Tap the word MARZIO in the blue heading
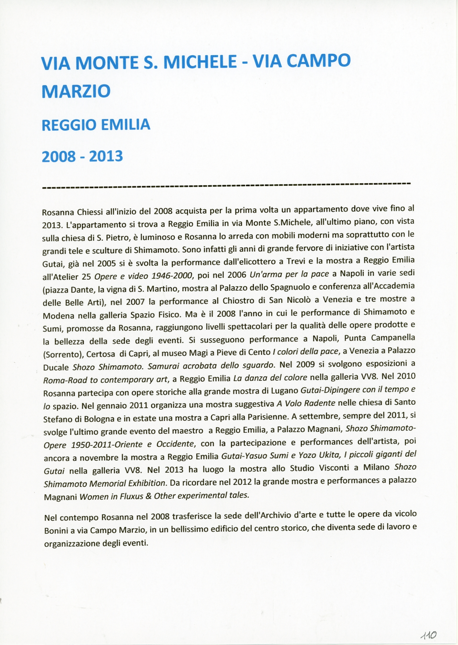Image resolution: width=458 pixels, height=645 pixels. (x=76, y=91)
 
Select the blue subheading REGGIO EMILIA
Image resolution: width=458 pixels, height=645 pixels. (x=96, y=125)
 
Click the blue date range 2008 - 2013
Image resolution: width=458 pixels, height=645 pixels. (x=82, y=156)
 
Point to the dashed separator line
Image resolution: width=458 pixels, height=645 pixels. (x=226, y=186)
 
